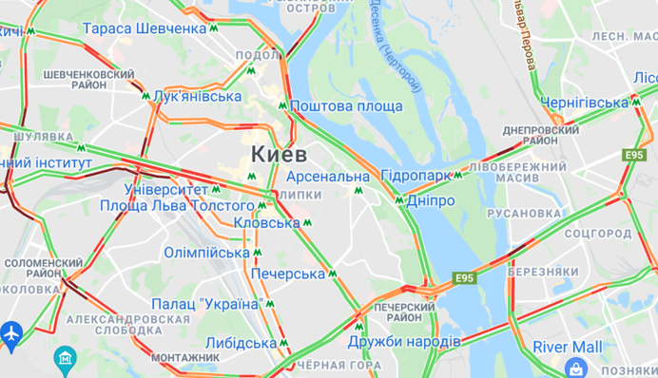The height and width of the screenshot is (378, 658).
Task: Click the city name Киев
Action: click(x=279, y=154)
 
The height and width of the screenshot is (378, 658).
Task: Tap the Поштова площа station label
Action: click(x=346, y=106)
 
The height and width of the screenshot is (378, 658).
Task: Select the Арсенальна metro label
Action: click(x=326, y=177)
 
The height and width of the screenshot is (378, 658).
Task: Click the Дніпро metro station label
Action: click(x=430, y=201)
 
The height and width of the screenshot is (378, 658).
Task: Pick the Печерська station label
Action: click(x=288, y=274)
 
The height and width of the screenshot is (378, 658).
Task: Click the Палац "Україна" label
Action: click(x=206, y=304)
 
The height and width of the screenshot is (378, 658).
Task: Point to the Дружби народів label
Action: click(x=404, y=341)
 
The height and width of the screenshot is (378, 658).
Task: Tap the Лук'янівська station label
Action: click(x=197, y=96)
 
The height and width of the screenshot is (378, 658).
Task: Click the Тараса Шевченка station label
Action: click(x=145, y=28)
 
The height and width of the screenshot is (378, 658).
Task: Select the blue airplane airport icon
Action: click(x=11, y=334)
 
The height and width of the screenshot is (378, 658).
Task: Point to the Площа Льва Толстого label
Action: click(x=178, y=205)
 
